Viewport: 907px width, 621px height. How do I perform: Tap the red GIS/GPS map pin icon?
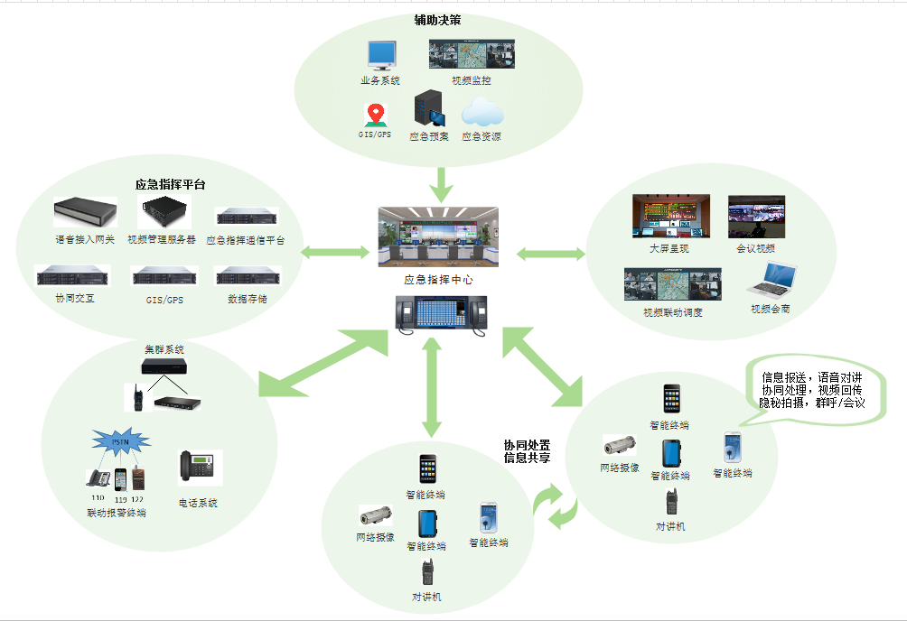[375, 116]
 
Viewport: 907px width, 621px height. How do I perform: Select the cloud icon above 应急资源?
[482, 114]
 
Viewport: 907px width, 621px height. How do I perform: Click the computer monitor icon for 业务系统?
[380, 56]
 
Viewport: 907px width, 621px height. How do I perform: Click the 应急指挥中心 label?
[438, 280]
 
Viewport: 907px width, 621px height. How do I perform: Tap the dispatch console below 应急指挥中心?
[439, 313]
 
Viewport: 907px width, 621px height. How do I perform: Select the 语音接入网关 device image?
[85, 213]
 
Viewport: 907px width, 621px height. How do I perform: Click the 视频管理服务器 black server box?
[163, 213]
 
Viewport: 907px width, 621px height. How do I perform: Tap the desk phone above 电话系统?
[198, 466]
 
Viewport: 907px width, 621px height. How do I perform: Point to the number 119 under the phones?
[120, 499]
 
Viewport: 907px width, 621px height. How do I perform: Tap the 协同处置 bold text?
[527, 445]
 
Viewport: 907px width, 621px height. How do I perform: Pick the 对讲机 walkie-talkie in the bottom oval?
[427, 572]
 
